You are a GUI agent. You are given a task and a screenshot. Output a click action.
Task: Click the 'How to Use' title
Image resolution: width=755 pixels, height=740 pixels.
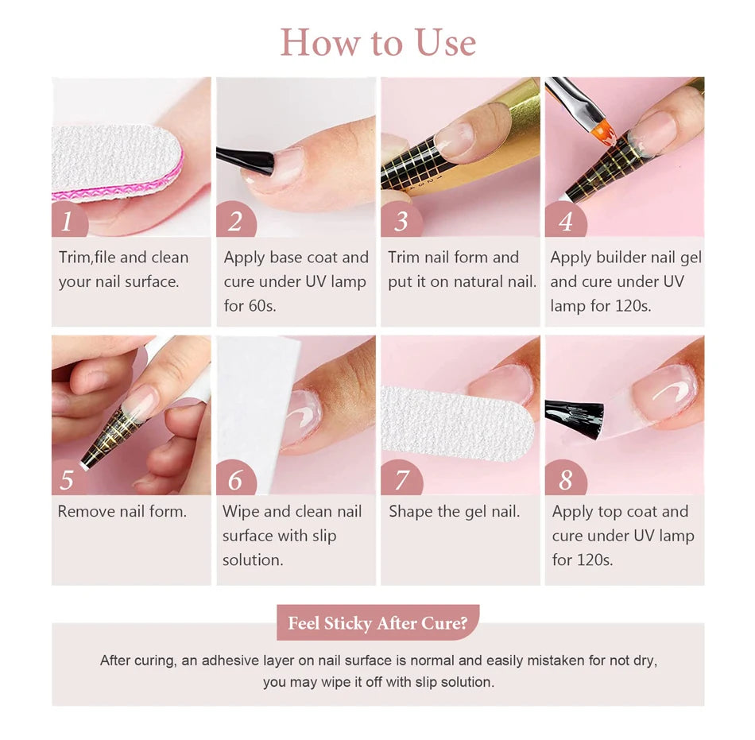[377, 41]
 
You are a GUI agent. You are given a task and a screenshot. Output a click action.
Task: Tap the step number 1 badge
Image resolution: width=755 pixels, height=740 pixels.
[68, 220]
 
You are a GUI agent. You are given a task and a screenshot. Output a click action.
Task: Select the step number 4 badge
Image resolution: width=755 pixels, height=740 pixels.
[564, 220]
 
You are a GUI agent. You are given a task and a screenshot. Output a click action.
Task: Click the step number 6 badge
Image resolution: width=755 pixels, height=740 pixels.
[235, 479]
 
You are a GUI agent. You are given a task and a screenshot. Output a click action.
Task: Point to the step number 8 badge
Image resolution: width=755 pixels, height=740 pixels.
[564, 479]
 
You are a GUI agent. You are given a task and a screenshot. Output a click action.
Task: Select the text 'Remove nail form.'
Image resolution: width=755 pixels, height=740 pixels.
[122, 512]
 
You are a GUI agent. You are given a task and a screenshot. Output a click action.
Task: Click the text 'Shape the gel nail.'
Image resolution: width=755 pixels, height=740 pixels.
[454, 512]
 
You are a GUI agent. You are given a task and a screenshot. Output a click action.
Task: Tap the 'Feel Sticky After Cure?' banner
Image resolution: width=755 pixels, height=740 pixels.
[377, 623]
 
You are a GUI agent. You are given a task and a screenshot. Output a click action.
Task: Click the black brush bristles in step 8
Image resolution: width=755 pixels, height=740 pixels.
[574, 413]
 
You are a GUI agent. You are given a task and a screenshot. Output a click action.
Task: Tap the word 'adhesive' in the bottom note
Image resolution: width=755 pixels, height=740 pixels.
[230, 661]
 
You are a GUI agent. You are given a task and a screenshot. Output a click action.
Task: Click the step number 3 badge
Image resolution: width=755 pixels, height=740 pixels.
[400, 220]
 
